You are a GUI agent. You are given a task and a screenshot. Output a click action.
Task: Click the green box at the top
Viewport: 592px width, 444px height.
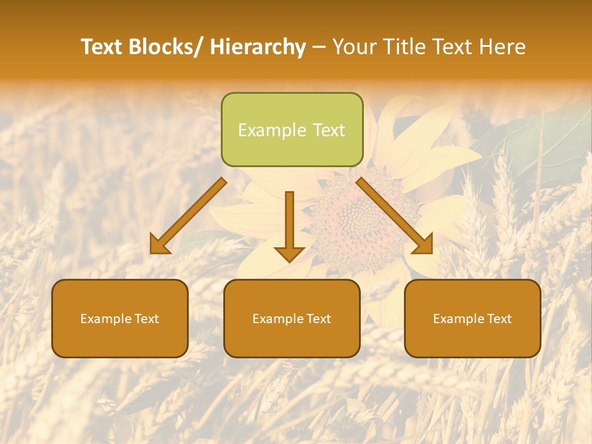pos(292,129)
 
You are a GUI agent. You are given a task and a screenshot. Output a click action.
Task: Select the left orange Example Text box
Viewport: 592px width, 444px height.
pos(120,318)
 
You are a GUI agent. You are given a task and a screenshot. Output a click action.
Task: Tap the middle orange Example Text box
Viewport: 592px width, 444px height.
pos(292,318)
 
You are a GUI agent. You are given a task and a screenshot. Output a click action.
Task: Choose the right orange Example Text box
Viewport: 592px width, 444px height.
pos(472,318)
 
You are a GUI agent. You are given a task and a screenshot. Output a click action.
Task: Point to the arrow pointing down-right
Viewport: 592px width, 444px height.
pos(395,216)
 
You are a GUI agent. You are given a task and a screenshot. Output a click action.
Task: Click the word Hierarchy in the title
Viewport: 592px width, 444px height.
pos(258,47)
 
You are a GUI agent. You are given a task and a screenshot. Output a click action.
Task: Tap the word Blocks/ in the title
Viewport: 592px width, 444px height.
pos(166,47)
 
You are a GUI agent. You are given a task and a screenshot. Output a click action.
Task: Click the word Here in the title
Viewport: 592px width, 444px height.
pos(503,47)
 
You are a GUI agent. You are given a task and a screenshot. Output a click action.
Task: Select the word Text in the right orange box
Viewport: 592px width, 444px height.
pos(499,319)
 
